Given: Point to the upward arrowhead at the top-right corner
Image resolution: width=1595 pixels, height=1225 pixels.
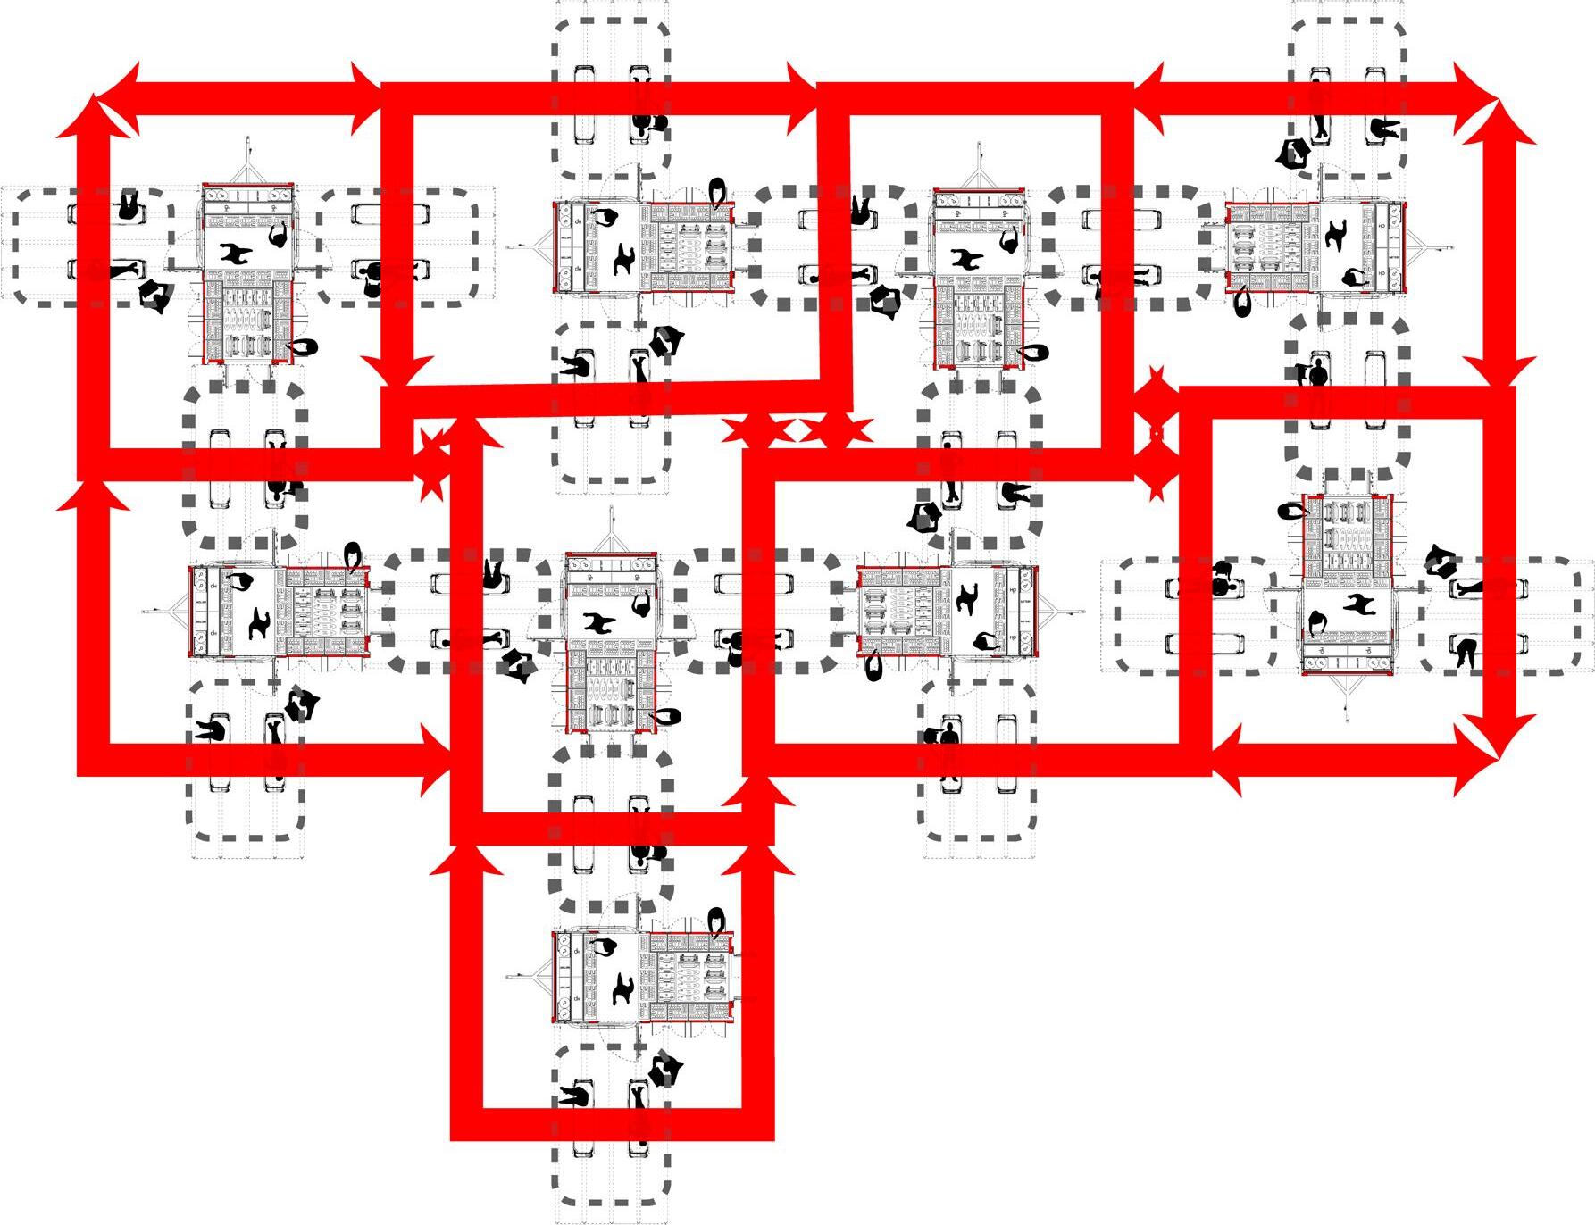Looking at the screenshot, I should (1501, 121).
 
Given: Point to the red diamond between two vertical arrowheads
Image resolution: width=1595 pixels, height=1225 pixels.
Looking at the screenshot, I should (1156, 434).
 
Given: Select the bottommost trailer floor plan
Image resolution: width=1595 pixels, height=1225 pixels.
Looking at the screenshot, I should (643, 977).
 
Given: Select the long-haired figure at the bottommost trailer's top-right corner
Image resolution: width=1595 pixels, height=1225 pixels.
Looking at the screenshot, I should (716, 921).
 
